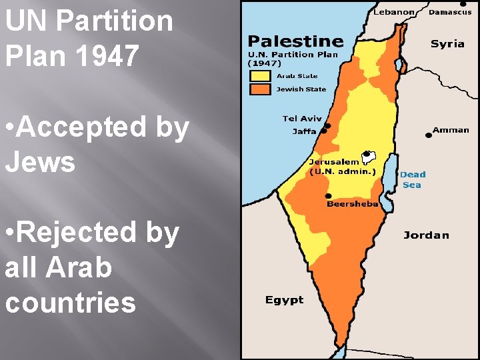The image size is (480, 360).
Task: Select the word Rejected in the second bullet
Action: [x=91, y=233]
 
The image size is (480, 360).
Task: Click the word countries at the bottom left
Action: [x=70, y=302]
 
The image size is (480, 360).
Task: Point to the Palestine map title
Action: [x=296, y=42]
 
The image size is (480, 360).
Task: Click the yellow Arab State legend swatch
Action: [x=261, y=75]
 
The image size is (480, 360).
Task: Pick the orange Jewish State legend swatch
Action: [x=261, y=89]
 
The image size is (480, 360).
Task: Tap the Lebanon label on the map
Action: [x=394, y=12]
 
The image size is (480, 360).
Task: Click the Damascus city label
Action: [x=450, y=12]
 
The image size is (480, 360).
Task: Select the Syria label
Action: [x=447, y=44]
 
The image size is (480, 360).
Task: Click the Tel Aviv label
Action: [x=302, y=119]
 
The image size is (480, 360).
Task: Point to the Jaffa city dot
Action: [x=324, y=131]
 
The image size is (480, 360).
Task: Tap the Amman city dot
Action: [x=429, y=135]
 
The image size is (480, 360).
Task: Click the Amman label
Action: [x=451, y=130]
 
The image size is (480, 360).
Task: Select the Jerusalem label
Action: [x=334, y=162]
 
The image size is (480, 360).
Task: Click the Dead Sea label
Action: [x=413, y=179]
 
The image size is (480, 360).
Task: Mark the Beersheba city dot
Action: [x=328, y=196]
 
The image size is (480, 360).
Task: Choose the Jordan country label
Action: [x=426, y=235]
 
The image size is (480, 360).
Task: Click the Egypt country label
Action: [x=284, y=300]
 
